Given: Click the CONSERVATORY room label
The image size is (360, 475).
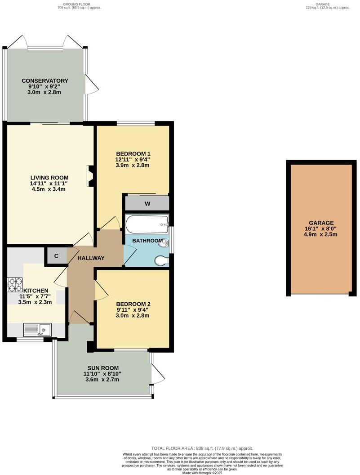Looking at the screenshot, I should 45,81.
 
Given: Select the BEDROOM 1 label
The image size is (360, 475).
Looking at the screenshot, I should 133,153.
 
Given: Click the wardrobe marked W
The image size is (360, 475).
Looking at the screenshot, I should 147,203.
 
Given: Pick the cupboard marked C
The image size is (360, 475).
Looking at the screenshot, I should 56,256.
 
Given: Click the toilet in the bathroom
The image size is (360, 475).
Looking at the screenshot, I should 161,260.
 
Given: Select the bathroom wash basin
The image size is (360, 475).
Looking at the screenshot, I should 164,243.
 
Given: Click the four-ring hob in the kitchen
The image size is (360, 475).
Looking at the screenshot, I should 15,285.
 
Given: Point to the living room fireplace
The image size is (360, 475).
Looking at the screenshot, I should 90,176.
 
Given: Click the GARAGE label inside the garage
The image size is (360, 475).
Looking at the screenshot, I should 321,223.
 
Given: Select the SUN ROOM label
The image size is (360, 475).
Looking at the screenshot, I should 103,367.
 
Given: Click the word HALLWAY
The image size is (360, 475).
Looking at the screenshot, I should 91,258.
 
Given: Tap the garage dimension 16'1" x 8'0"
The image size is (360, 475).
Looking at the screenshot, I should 321,229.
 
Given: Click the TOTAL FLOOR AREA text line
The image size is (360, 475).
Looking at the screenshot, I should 202,448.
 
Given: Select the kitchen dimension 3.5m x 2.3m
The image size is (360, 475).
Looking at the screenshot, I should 35,302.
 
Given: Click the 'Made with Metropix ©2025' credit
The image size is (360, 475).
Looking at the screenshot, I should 202,472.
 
